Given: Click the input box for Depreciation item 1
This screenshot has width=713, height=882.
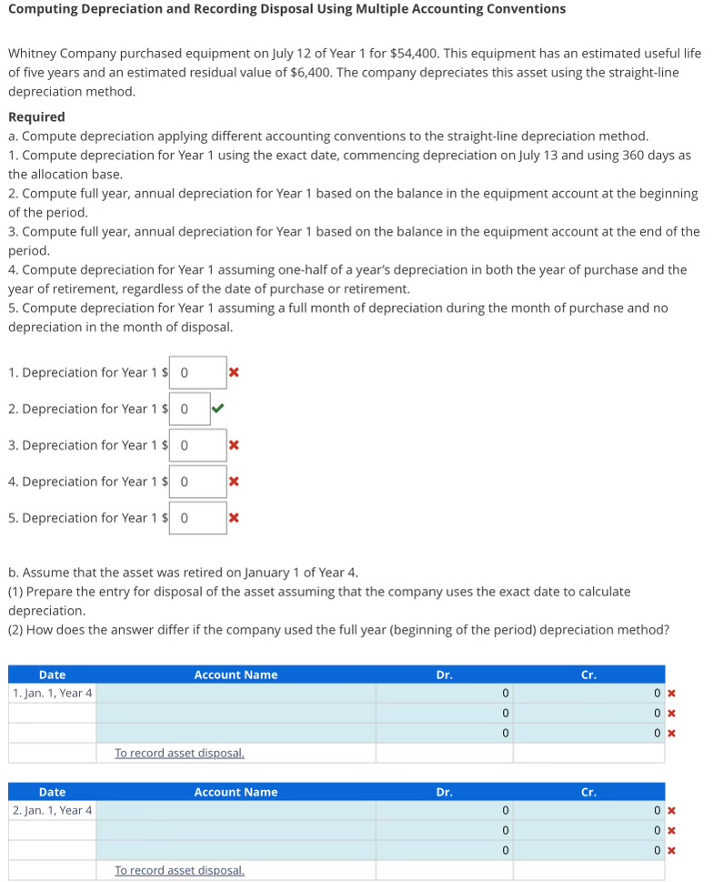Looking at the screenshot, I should [197, 372].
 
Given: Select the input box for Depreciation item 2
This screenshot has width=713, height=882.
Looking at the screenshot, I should [189, 409].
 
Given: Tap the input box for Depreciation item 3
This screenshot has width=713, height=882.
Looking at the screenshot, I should [197, 445].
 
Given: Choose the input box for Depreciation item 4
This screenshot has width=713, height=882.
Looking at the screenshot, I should [197, 482].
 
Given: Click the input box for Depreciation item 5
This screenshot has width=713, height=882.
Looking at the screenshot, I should [197, 518].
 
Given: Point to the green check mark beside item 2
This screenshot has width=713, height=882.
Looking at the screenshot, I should [217, 409].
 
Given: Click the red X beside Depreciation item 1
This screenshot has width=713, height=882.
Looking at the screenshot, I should [234, 372].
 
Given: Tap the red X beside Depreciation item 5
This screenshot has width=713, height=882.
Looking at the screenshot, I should [234, 518].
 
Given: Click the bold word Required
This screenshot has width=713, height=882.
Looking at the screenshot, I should [36, 117].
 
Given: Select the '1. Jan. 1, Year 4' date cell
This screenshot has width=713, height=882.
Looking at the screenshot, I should [52, 694].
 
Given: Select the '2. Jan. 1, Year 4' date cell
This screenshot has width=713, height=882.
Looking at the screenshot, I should [52, 811].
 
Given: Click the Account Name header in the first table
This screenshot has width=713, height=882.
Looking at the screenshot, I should [236, 674].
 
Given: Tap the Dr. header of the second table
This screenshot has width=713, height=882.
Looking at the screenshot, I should [444, 792].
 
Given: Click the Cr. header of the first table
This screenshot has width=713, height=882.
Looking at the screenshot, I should [588, 674].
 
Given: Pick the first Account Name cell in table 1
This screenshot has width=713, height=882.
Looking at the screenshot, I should [236, 694].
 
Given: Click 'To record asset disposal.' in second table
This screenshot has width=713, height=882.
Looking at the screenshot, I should [179, 870].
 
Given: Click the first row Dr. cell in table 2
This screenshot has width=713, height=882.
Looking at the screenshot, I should [444, 811].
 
